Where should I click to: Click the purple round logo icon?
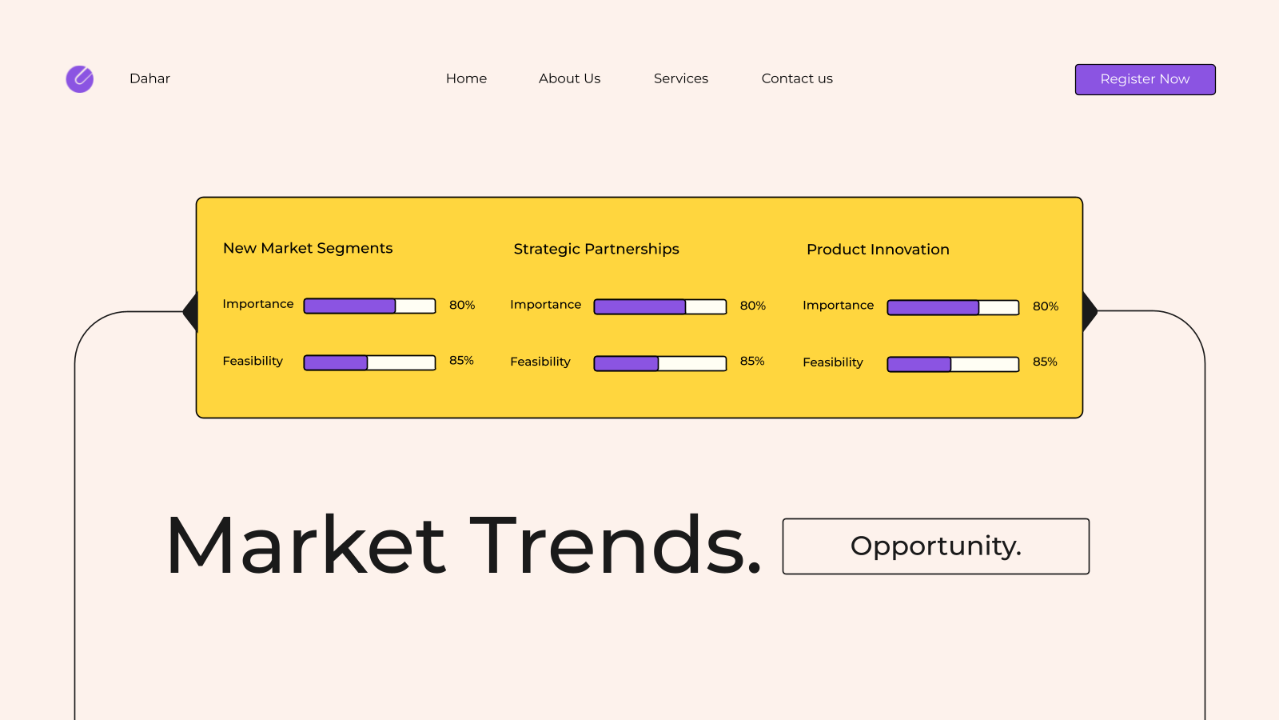80,79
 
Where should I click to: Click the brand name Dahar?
149,78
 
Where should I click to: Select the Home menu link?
466,78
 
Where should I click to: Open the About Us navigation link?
569,78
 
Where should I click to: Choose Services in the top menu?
680,78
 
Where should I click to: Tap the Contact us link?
797,78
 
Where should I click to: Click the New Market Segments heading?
308,248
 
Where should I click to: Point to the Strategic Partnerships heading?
596,249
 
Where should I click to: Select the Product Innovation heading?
878,249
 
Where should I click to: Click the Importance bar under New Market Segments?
369,306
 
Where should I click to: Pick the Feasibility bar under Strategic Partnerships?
660,363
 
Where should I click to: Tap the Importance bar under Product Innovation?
953,307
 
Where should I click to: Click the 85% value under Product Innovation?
1045,362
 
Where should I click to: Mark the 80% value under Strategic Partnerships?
752,306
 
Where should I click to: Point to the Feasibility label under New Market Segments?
253,361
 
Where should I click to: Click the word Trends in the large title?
616,545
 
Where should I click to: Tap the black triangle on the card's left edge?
191,312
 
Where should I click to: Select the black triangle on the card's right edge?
1090,311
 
